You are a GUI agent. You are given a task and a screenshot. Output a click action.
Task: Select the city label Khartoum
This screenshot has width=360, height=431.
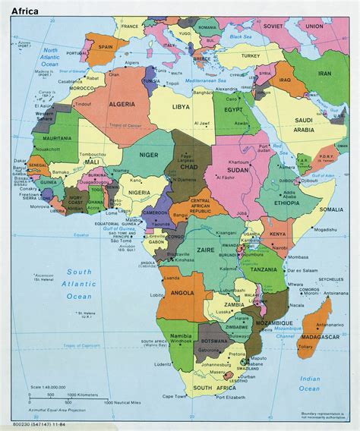pyautogui.click(x=240, y=152)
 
